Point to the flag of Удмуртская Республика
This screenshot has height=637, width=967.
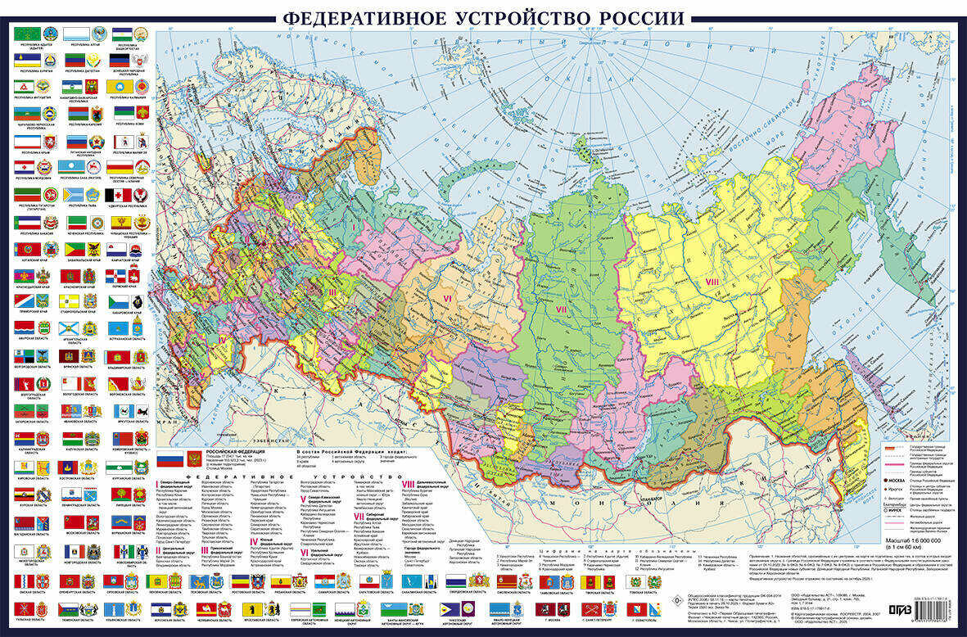point(119,194)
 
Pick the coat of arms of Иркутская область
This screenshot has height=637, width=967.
point(142,410)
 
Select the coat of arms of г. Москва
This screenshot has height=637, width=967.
point(563,609)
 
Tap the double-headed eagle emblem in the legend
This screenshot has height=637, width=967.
point(194,459)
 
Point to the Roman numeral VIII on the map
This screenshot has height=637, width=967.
point(712,281)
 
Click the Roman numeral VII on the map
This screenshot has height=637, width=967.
point(561,309)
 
